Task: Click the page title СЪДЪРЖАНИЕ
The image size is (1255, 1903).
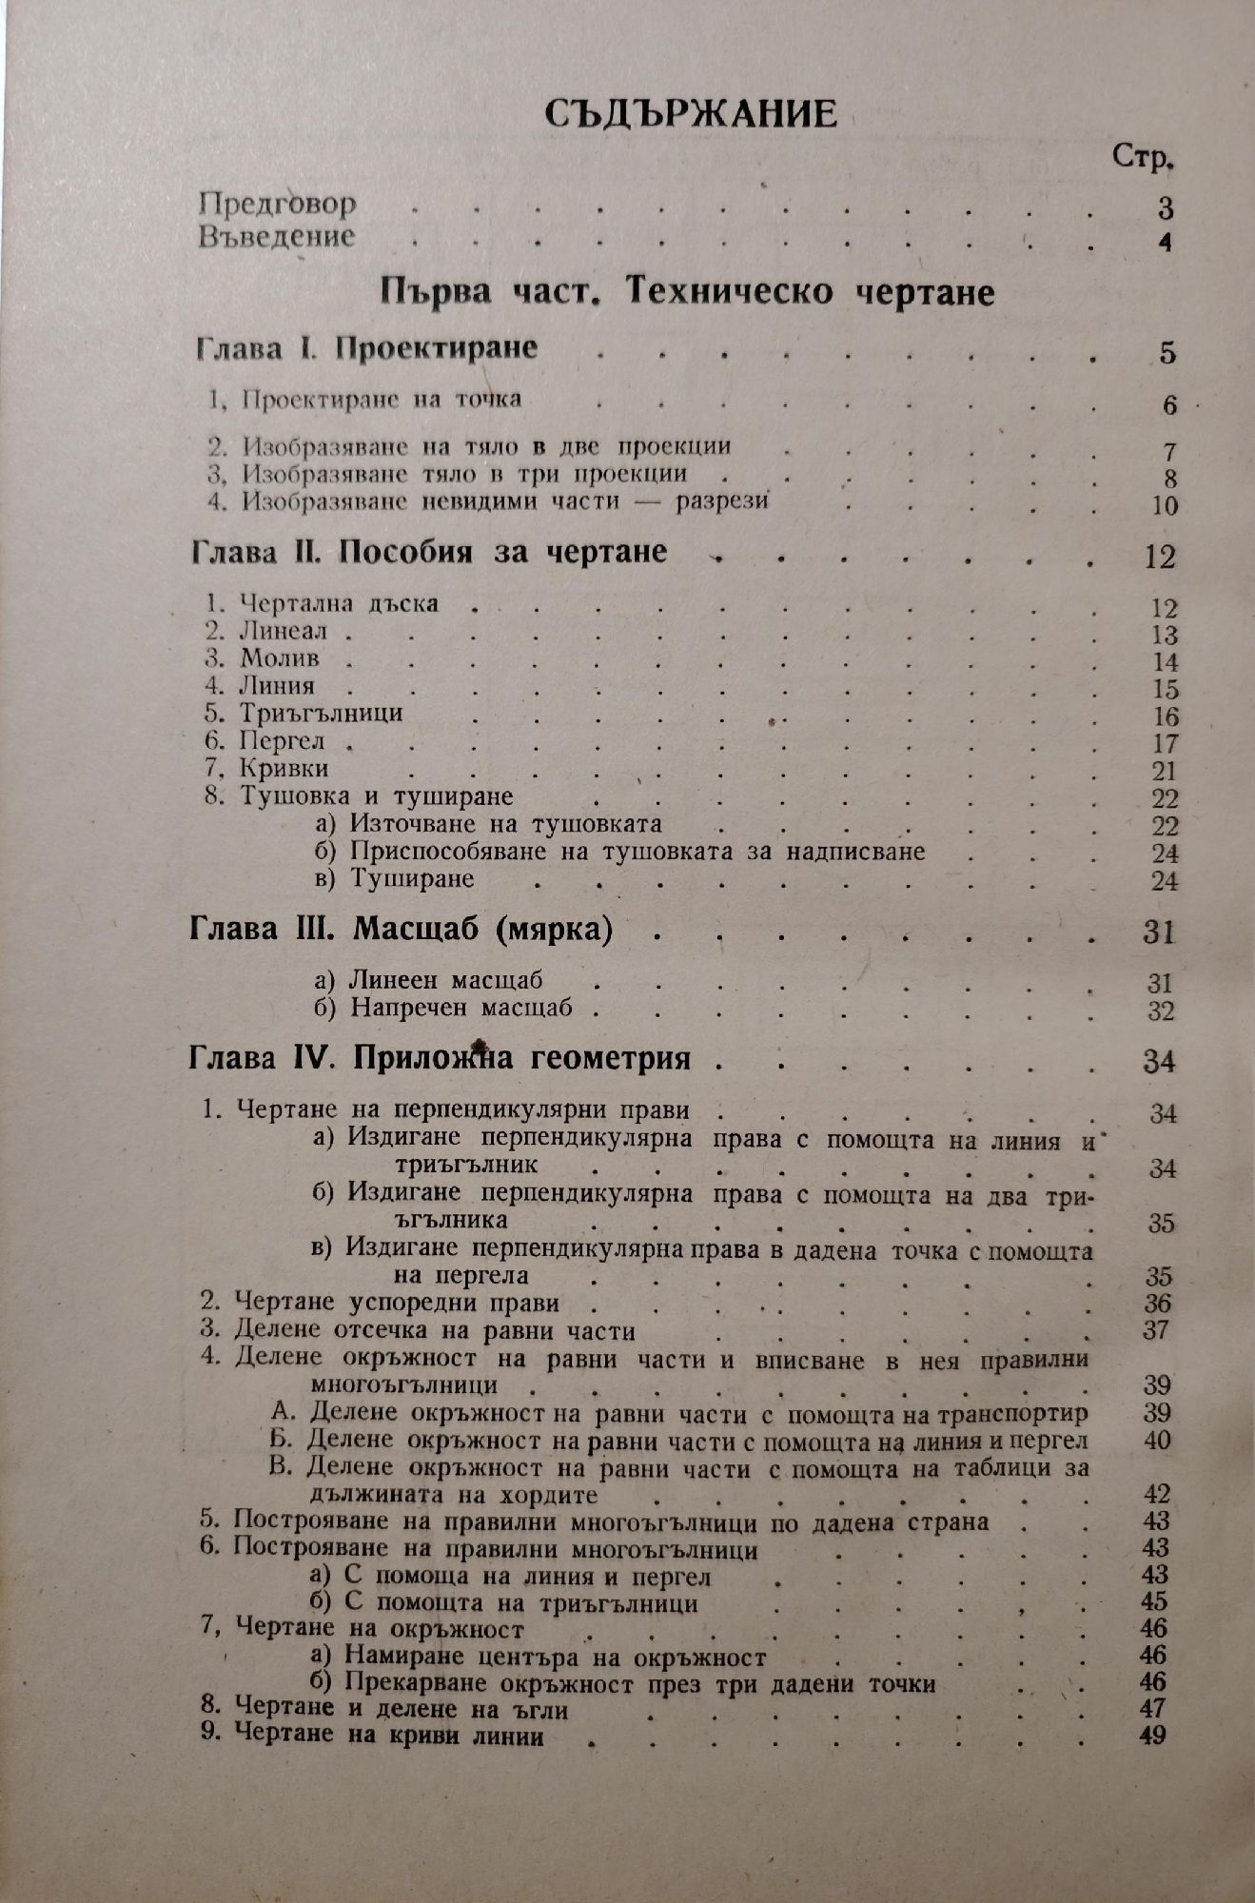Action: point(691,113)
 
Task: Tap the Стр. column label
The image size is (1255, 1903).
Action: point(1142,157)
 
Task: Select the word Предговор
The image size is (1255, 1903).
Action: point(278,204)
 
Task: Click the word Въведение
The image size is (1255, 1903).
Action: point(277,236)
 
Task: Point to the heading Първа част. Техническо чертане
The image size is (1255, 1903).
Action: point(686,291)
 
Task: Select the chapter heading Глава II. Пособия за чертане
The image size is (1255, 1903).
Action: point(429,553)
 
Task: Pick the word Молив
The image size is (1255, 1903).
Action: point(279,658)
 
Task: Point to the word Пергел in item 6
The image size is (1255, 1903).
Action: point(283,740)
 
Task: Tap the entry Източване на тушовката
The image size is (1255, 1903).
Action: point(505,824)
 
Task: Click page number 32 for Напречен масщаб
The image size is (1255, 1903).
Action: point(1161,1010)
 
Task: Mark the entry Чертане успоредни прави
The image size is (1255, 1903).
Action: point(396,1303)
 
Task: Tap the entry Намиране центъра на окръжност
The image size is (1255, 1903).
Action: point(556,1658)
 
